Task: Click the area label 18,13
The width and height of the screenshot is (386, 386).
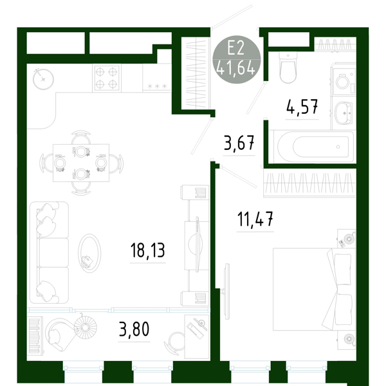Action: pos(147,250)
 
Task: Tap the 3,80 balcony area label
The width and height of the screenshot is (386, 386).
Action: pos(134,329)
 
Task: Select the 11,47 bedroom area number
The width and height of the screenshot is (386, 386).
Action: pos(255,219)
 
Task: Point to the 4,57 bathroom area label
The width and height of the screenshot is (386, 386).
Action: pos(302,107)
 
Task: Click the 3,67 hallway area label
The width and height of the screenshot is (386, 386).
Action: pos(239,143)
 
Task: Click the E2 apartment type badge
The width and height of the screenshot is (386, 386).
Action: pos(236,59)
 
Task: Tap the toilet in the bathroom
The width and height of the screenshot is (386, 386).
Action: pos(288,67)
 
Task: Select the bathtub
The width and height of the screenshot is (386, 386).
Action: pos(314,147)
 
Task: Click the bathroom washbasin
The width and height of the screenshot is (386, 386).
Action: pos(344,113)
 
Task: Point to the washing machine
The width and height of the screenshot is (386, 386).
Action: pos(344,82)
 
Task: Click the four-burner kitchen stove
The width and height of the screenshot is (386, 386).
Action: pos(107,78)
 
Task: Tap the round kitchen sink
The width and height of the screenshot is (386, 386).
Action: pos(43,78)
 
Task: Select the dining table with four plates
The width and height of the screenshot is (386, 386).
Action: pos(81,163)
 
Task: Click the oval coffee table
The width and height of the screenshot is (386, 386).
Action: pos(89,253)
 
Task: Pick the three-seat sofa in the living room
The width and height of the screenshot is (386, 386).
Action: pos(49,253)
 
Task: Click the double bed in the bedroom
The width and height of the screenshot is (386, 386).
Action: pos(314,289)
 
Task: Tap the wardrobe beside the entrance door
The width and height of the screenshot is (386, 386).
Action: pos(196,73)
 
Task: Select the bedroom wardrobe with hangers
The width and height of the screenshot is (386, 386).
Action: pos(309,183)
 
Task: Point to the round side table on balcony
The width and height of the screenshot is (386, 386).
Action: pos(85,327)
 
